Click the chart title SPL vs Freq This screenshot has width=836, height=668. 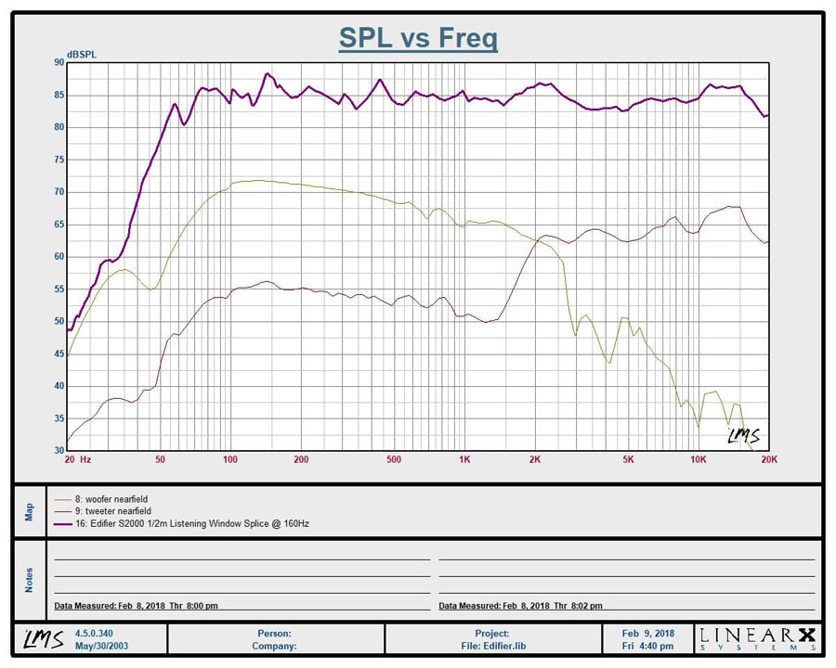(x=418, y=38)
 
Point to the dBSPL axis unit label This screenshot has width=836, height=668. (x=81, y=54)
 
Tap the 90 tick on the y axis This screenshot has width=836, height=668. (x=59, y=62)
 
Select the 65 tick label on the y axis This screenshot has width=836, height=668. (x=59, y=225)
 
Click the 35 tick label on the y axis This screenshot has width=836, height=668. (x=59, y=418)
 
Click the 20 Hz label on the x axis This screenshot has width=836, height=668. (x=77, y=459)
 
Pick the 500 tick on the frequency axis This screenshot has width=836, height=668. (x=394, y=459)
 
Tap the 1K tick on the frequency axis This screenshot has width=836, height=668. (x=464, y=459)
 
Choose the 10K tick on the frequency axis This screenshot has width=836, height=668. (x=699, y=459)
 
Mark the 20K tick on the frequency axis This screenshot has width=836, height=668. (x=768, y=459)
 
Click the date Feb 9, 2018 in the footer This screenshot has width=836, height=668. (x=648, y=634)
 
